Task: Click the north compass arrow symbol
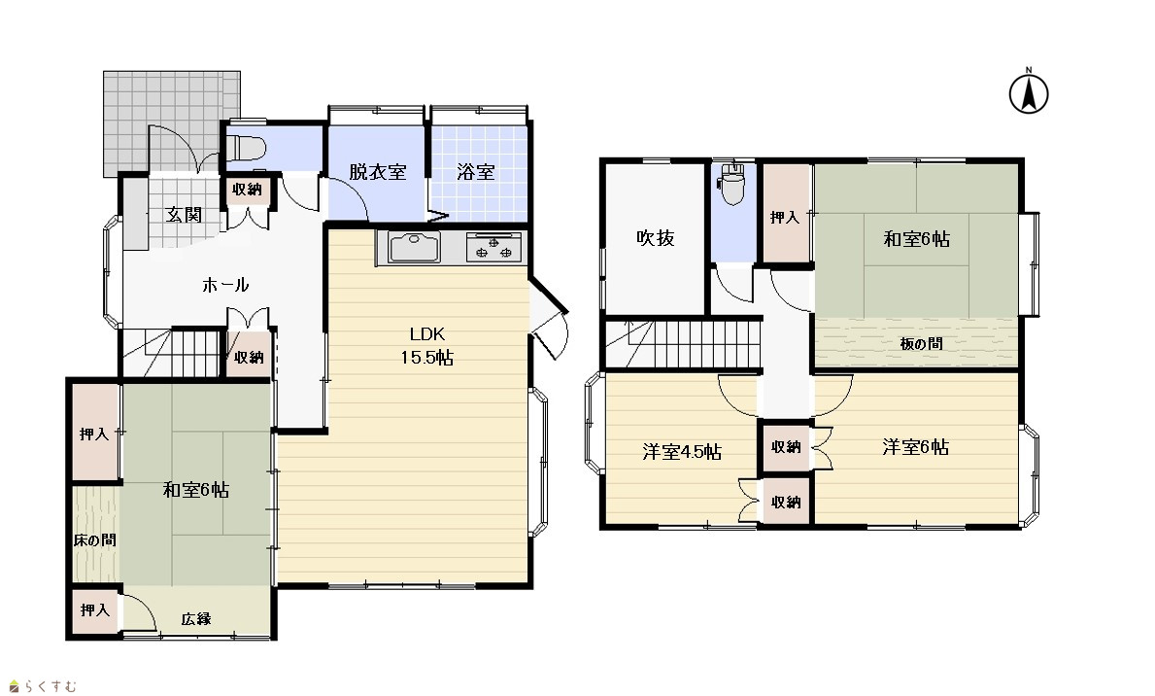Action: [x=1029, y=92]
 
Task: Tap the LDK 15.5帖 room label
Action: [x=427, y=346]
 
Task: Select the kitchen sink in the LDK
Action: [x=414, y=247]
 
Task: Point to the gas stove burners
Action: [x=493, y=247]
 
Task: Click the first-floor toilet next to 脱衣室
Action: [x=246, y=148]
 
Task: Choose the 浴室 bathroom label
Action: [x=476, y=172]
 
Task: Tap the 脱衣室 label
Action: [x=377, y=172]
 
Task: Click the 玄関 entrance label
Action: [x=184, y=215]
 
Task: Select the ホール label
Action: [x=225, y=285]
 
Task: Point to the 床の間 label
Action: [x=95, y=539]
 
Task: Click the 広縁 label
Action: [x=196, y=618]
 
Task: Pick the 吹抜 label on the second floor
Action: [x=656, y=237]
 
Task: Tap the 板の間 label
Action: [x=922, y=343]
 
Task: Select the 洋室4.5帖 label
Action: [x=682, y=451]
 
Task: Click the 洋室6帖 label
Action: [x=916, y=447]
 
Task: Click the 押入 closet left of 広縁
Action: [x=95, y=609]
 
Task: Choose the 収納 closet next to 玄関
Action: [x=248, y=191]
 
